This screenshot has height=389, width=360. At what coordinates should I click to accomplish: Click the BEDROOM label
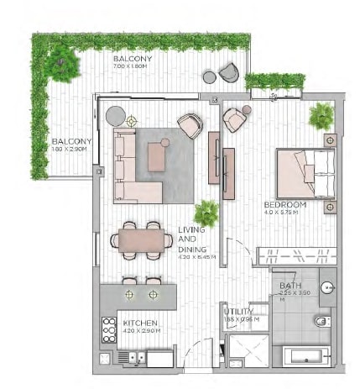(284, 204)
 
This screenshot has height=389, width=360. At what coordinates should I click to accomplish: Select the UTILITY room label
(238, 312)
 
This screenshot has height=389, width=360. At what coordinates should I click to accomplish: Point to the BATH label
(290, 285)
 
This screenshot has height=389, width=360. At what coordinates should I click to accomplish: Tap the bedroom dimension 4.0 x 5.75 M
(284, 213)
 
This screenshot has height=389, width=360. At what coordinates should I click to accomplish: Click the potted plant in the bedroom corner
(321, 116)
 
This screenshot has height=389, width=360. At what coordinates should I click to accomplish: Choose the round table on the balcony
(209, 77)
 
